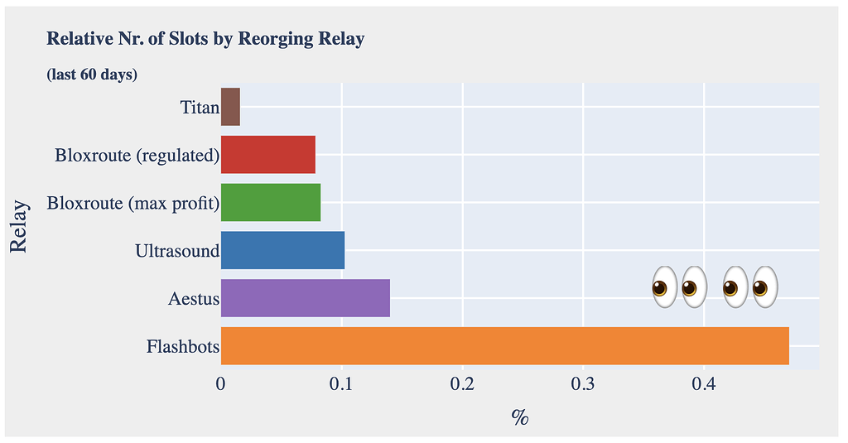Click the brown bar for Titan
tap(230, 108)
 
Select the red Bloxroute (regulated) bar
tap(268, 155)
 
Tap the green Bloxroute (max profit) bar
tap(271, 203)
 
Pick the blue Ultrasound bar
tap(282, 251)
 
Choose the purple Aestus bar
tap(306, 298)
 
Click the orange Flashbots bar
tap(505, 346)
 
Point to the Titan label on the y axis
tap(200, 108)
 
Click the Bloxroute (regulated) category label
tap(137, 156)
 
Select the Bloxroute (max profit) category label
tap(133, 204)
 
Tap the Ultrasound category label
tap(177, 251)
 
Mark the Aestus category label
tap(194, 299)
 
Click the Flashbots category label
tap(182, 347)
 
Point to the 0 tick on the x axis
tap(221, 384)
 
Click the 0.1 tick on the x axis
tap(341, 384)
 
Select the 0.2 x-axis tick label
tap(462, 384)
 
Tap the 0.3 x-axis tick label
tap(583, 384)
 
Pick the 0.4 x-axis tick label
tap(704, 384)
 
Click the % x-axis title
tap(520, 417)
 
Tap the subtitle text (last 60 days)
tap(92, 75)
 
